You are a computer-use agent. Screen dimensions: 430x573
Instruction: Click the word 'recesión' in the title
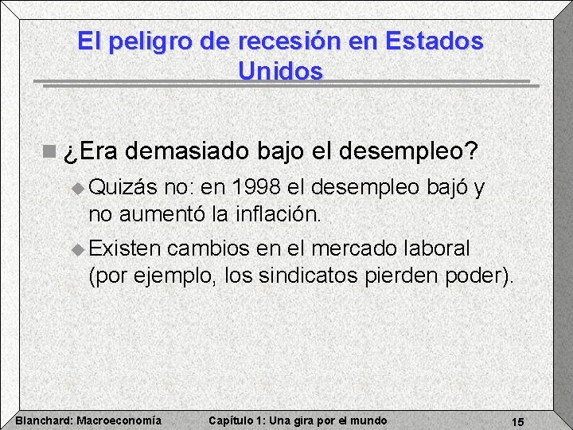coord(271,41)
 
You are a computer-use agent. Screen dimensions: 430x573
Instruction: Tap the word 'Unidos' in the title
coord(280,71)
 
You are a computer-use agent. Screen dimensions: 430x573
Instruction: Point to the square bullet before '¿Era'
coord(50,150)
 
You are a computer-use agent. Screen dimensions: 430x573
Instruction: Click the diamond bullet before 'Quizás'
coord(77,190)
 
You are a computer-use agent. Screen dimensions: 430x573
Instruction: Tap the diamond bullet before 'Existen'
coord(77,250)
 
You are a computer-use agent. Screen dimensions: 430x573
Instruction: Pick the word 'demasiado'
coord(187,150)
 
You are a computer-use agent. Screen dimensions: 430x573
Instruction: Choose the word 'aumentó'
coord(165,213)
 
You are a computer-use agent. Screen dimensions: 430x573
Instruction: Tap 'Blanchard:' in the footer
coord(43,420)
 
